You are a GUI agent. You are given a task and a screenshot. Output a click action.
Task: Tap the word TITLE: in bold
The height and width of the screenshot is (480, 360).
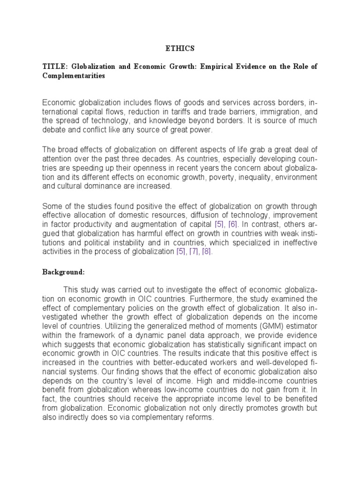53,67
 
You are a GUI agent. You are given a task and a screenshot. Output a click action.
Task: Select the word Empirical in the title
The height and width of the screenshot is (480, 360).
217,67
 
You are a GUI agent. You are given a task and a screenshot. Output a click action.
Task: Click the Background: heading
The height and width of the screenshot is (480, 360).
64,271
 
